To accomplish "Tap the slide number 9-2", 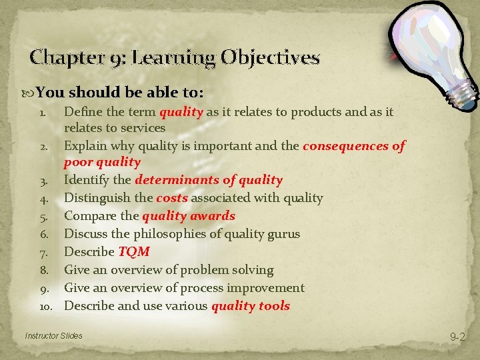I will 457,337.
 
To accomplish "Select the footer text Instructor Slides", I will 53,335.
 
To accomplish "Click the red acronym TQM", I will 133,252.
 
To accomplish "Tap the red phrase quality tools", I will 250,306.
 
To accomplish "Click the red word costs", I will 172,198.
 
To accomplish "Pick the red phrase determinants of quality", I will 208,180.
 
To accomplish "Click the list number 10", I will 46,306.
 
